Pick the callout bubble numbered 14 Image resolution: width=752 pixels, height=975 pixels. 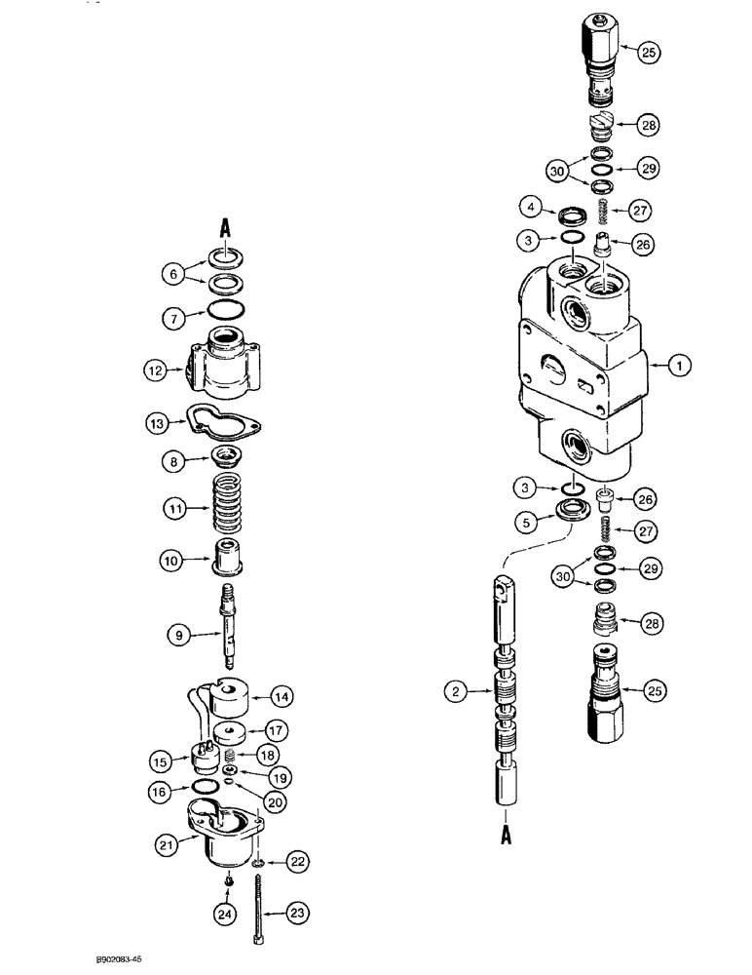tap(281, 697)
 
